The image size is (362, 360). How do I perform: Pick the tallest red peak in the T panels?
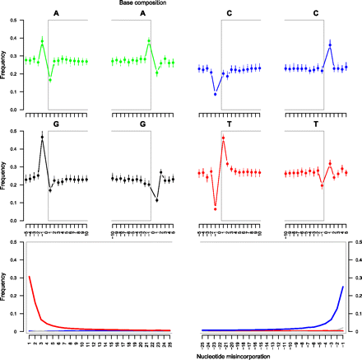pos(222,138)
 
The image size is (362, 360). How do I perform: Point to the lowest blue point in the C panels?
pos(216,95)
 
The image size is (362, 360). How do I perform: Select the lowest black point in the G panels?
pos(157,199)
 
